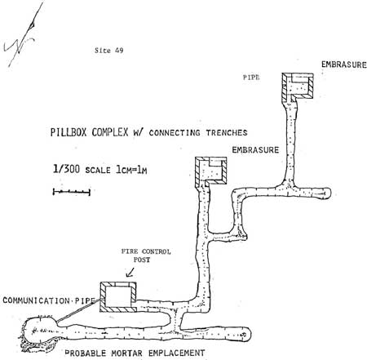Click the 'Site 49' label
pyautogui.click(x=108, y=51)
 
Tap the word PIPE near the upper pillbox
pyautogui.click(x=251, y=78)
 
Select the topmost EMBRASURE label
pyautogui.click(x=344, y=64)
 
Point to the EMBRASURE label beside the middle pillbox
pyautogui.click(x=255, y=150)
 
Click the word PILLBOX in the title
pyautogui.click(x=69, y=132)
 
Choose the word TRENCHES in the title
pyautogui.click(x=227, y=133)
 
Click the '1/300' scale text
pyautogui.click(x=66, y=169)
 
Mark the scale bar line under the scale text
pyautogui.click(x=72, y=192)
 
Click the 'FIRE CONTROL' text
pyautogui.click(x=146, y=251)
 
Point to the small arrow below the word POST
pyautogui.click(x=130, y=273)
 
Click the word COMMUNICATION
pyautogui.click(x=36, y=300)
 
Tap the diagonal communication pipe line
pyautogui.click(x=80, y=310)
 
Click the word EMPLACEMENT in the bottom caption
pyautogui.click(x=177, y=353)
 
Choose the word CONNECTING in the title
pyautogui.click(x=175, y=133)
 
